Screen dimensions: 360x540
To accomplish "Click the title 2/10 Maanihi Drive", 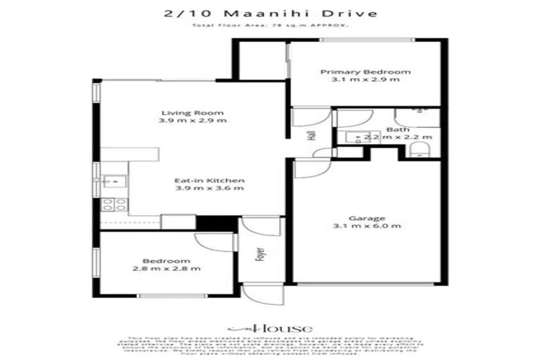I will click(x=270, y=13).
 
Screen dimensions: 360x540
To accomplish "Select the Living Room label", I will click(x=192, y=112).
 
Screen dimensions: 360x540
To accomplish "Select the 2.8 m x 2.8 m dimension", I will click(x=167, y=269).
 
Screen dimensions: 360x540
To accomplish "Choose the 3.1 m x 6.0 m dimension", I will click(x=368, y=226).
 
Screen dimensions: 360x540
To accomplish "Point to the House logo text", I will click(x=271, y=328).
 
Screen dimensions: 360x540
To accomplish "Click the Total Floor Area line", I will click(x=270, y=26).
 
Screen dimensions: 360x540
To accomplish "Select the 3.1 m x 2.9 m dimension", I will click(x=366, y=79).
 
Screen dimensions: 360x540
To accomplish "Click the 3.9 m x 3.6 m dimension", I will click(x=210, y=188).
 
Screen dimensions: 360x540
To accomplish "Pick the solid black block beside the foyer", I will click(x=207, y=222).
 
